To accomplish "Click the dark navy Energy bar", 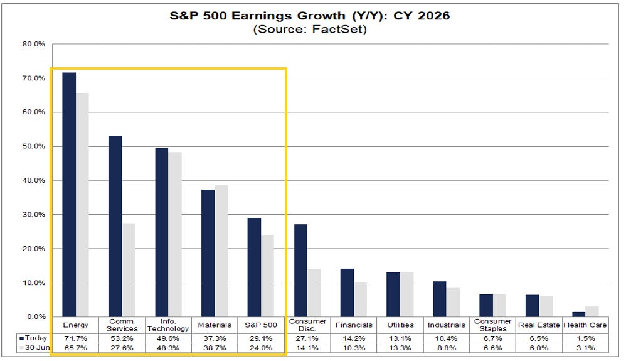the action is click(69, 195).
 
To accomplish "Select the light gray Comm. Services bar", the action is click(129, 270).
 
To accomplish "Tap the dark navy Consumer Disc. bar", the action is click(300, 271).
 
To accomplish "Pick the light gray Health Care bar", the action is click(592, 311).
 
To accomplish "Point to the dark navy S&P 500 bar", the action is click(254, 267).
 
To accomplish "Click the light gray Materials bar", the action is click(221, 251).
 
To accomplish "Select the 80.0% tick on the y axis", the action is click(34, 44).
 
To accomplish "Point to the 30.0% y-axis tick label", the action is click(34, 214).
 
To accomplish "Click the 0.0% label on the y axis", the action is click(36, 316).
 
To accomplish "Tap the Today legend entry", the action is click(33, 338).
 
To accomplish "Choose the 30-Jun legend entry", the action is click(34, 348).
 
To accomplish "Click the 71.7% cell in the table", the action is click(75, 338).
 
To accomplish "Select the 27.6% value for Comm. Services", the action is click(122, 348).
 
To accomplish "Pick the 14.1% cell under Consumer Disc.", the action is click(307, 348).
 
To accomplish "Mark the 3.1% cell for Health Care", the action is click(586, 348).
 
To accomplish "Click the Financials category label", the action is click(354, 325).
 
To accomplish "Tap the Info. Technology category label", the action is click(168, 325).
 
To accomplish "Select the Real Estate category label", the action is click(539, 325).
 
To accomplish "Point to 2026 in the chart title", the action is click(433, 16).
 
